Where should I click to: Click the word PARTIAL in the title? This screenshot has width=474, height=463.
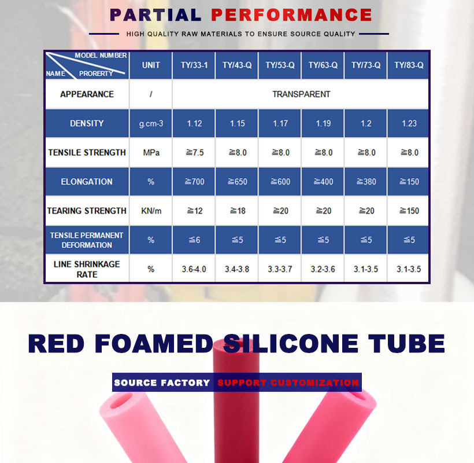155,15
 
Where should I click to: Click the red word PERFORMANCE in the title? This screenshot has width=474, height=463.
291,15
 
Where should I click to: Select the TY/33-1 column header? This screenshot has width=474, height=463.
194,65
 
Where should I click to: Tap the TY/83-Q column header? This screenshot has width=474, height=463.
409,65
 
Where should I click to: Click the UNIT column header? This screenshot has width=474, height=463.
151,65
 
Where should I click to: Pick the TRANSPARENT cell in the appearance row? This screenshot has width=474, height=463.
301,94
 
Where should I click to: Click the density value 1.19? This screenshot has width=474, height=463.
323,123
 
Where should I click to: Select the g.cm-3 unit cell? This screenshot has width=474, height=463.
151,123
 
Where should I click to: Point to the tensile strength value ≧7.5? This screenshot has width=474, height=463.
194,153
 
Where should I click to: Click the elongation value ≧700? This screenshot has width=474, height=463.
194,182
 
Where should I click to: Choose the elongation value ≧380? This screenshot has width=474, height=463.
366,182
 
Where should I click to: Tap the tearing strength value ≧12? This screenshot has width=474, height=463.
194,211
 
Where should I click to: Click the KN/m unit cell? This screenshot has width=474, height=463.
151,211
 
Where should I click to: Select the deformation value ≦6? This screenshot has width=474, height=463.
194,240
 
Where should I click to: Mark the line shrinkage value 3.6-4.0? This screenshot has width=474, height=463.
194,269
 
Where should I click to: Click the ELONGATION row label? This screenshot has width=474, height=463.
87,182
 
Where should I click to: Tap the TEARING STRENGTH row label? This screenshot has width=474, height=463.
87,211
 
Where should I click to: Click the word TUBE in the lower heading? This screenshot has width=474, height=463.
406,343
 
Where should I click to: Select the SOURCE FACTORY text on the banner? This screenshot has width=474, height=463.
162,383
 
